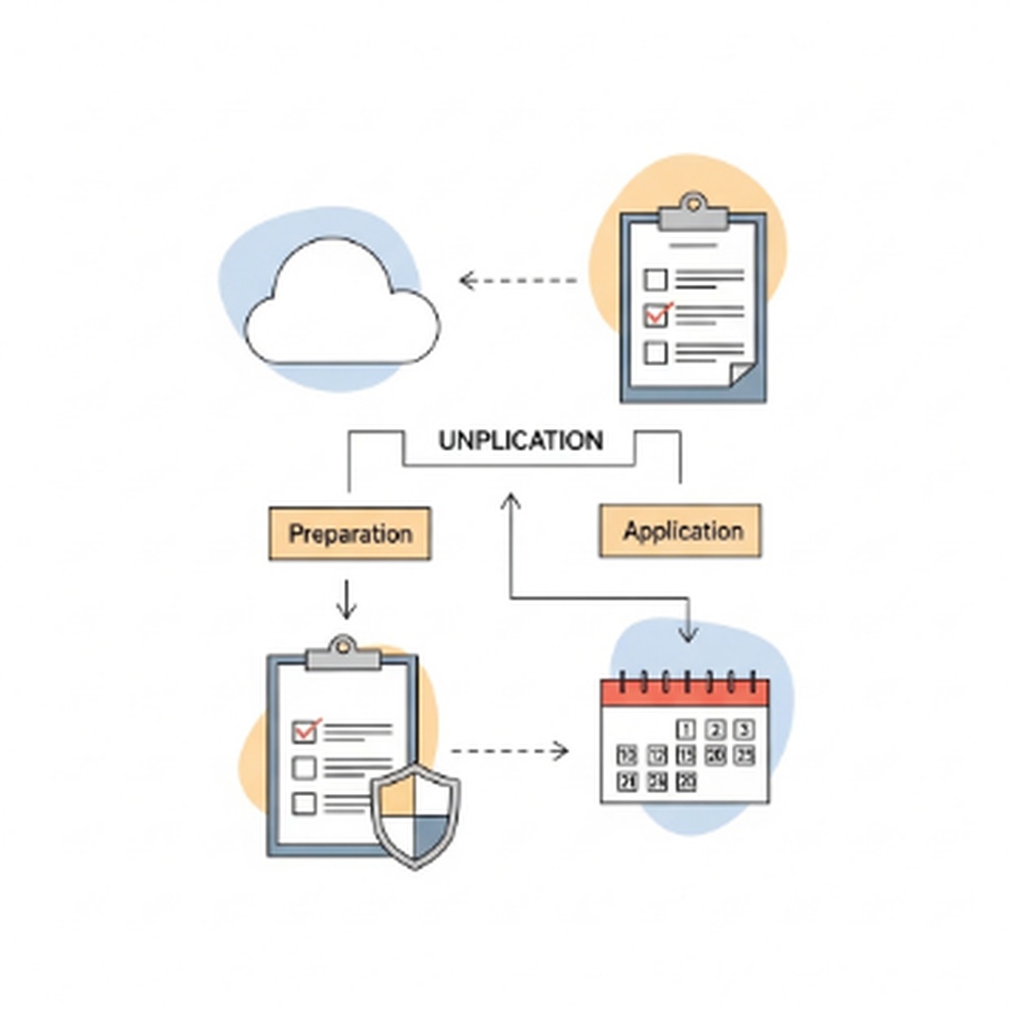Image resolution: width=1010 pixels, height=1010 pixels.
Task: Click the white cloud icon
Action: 340,306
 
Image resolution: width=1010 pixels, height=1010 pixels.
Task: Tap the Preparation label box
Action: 350,534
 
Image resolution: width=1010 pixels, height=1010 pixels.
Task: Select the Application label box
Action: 681,531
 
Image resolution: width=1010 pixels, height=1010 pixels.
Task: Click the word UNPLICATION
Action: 520,440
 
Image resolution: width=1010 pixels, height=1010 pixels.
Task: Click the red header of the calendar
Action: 685,690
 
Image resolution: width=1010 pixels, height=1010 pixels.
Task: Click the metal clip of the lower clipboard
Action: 342,654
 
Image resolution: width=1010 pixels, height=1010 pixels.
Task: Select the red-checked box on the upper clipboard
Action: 656,315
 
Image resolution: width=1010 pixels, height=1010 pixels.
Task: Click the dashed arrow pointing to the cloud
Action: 519,281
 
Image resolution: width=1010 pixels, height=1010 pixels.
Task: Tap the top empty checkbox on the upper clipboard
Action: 655,280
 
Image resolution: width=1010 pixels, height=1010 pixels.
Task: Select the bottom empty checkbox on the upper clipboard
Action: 655,351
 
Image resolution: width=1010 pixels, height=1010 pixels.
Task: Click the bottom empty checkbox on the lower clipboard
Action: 305,803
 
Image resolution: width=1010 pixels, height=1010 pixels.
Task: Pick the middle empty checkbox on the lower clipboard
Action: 305,767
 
